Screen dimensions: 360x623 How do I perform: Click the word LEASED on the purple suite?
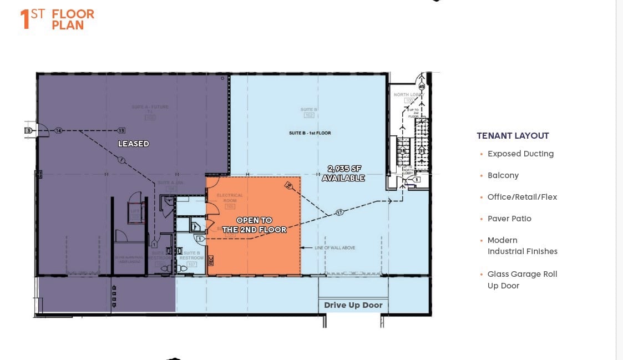click(133, 144)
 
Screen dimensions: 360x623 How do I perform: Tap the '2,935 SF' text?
click(344, 169)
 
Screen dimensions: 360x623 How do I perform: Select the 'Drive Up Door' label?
click(353, 305)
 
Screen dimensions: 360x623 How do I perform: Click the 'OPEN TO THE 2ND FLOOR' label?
click(254, 225)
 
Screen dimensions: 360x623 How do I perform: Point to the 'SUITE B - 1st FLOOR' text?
click(310, 133)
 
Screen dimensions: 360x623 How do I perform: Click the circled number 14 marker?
click(58, 131)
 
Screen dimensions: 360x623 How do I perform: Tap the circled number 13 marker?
click(121, 131)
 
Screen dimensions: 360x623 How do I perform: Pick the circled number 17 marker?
click(339, 212)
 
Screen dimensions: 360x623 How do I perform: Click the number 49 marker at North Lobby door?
click(422, 87)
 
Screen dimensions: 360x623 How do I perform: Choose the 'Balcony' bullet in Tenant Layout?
click(503, 175)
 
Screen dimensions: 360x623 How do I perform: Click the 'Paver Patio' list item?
click(509, 219)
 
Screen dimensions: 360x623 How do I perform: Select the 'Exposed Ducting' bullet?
click(520, 154)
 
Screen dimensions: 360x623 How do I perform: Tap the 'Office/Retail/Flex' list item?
click(522, 197)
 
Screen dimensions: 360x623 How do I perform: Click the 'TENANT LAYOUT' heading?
click(513, 135)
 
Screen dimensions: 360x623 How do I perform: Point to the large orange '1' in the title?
click(24, 19)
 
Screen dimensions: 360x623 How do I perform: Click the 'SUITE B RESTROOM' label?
click(192, 255)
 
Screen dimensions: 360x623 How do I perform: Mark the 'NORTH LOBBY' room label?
click(409, 95)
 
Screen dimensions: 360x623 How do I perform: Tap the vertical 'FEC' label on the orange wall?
click(210, 260)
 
